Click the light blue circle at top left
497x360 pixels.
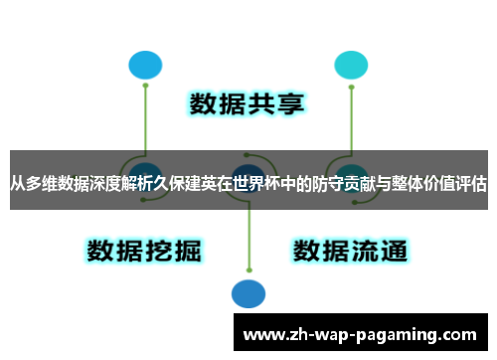[x=145, y=65]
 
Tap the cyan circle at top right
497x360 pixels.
[x=350, y=65]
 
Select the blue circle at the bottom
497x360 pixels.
[x=248, y=293]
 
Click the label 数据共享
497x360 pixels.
[x=248, y=104]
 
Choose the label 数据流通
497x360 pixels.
[x=350, y=249]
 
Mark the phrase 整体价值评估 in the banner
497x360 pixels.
[x=434, y=184]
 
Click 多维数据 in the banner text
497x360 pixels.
[x=58, y=184]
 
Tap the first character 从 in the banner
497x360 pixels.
[x=18, y=184]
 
